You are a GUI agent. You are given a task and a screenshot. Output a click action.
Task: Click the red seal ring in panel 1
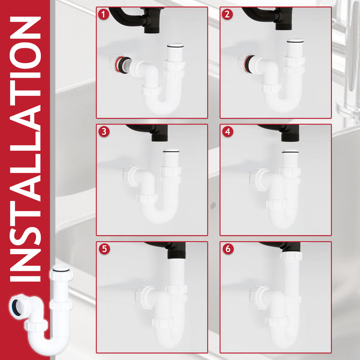click(x=119, y=64)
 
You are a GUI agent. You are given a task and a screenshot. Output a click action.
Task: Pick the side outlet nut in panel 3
click(x=129, y=175)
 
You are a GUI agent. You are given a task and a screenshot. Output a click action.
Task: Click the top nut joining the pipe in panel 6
click(x=291, y=256)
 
